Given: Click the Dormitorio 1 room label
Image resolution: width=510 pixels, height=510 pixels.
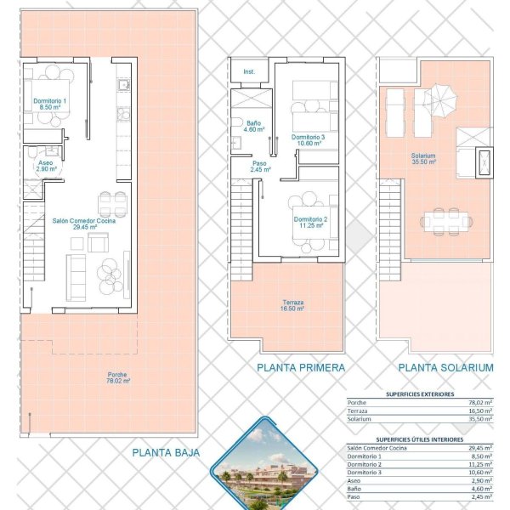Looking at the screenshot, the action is click(x=49, y=104).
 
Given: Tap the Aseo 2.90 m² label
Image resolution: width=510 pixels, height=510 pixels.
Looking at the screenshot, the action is click(x=46, y=166).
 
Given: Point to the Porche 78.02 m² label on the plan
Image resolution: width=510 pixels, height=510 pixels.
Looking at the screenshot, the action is click(x=118, y=377).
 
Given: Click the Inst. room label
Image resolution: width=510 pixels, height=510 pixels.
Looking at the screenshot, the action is click(x=249, y=71).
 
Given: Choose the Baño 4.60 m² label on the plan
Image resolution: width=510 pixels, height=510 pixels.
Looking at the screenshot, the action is click(x=253, y=126).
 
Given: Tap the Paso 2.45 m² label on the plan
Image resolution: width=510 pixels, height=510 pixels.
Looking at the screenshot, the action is click(x=260, y=167).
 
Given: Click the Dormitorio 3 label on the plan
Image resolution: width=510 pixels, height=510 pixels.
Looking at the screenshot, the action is click(x=308, y=140).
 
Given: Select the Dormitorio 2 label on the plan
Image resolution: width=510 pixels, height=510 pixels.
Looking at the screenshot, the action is click(x=310, y=222).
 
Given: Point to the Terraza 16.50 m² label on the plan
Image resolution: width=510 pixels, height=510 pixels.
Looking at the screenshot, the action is click(x=292, y=305).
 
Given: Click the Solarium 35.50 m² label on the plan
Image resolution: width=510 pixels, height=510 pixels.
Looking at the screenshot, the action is click(x=423, y=158).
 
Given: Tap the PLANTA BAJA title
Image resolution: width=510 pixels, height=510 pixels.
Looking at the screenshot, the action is click(x=166, y=452).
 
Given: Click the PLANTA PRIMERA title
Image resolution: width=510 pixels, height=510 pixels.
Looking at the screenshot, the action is click(x=301, y=367).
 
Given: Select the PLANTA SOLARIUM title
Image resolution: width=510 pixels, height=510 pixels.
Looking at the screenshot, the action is click(x=446, y=367).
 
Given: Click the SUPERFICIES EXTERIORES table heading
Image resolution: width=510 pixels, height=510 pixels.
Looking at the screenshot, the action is click(x=420, y=394).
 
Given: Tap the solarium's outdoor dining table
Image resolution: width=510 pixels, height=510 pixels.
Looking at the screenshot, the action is click(x=446, y=222).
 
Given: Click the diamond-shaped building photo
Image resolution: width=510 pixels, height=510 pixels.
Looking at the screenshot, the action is click(x=264, y=465).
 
